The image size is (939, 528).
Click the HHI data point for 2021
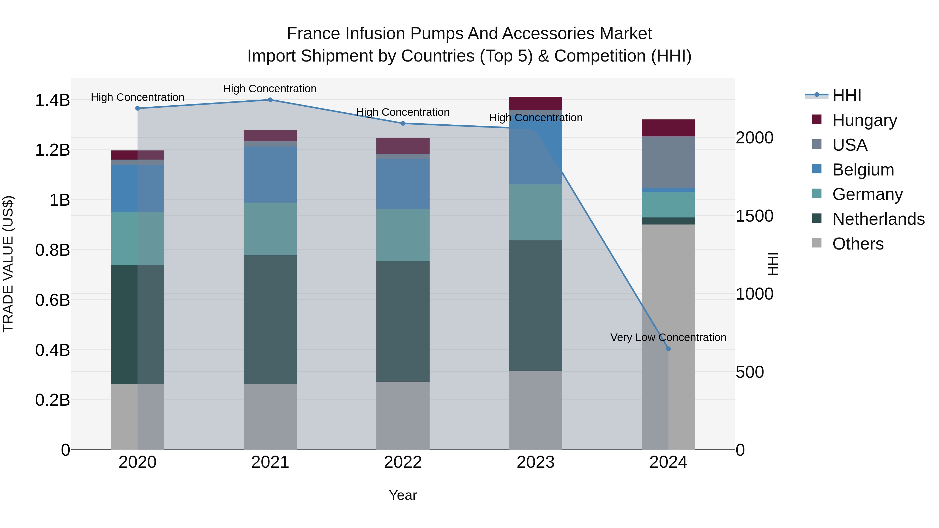click(x=270, y=100)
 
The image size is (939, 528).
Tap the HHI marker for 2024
click(x=668, y=349)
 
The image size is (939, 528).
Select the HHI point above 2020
click(x=137, y=108)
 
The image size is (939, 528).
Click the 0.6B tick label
click(x=52, y=300)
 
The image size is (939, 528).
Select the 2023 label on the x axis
click(x=535, y=462)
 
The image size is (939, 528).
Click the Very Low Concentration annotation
click(x=668, y=337)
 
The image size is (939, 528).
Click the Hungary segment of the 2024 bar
click(x=668, y=128)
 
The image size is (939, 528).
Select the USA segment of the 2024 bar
click(x=668, y=162)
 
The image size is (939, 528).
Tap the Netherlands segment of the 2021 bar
click(x=270, y=320)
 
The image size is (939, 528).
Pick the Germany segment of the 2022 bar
click(x=403, y=235)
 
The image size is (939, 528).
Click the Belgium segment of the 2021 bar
click(x=270, y=174)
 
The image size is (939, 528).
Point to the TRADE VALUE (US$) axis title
click(x=8, y=264)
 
